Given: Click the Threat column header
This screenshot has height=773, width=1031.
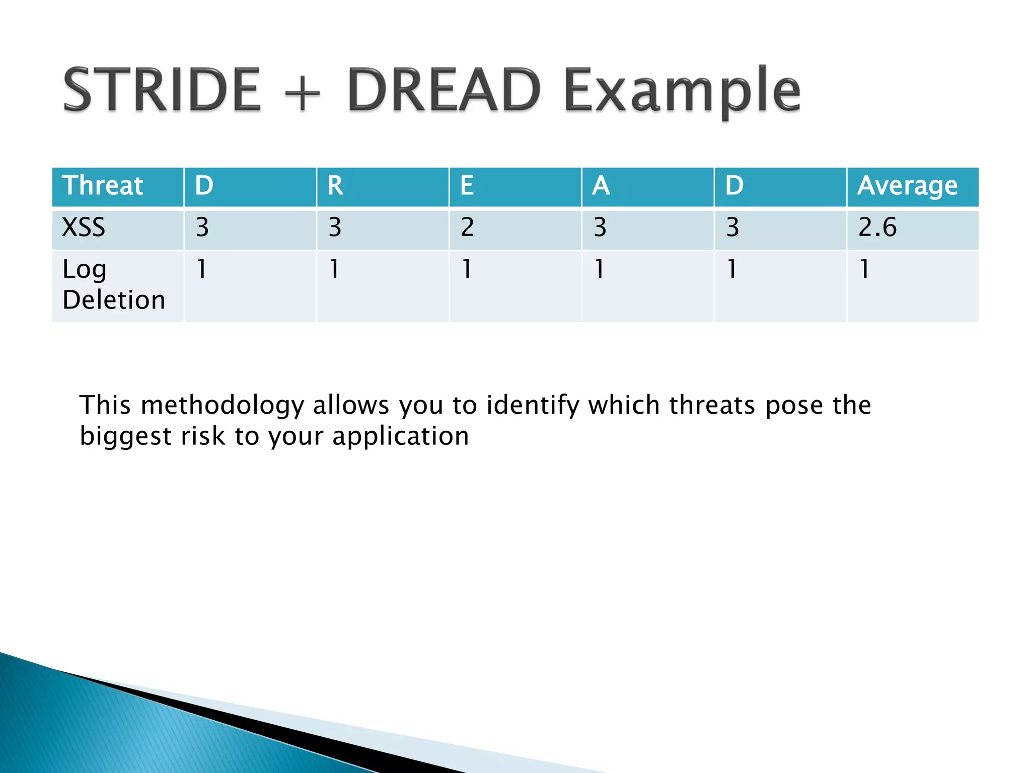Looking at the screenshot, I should (103, 185).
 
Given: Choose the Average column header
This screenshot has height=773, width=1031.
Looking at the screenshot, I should (907, 186).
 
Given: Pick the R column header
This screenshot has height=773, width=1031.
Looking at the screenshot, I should (335, 185).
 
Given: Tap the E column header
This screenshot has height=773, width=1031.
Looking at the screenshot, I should (467, 185).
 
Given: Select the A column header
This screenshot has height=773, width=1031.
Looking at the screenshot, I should (601, 185).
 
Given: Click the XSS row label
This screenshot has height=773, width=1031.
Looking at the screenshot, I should (84, 227).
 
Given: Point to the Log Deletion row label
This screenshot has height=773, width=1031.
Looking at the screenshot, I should (114, 284).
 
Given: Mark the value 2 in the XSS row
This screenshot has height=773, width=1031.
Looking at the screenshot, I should (467, 227).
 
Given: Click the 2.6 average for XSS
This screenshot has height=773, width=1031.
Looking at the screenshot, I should (877, 227).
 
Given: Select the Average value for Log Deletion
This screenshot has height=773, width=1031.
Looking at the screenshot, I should (864, 269).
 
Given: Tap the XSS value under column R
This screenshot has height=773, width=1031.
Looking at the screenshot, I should (335, 227).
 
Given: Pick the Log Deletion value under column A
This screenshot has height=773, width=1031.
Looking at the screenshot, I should (599, 269).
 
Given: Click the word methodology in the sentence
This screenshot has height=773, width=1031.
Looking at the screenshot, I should (223, 406).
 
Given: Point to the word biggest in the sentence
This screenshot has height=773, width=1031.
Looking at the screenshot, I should (125, 436).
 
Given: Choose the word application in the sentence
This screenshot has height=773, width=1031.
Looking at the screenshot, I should (401, 436).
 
